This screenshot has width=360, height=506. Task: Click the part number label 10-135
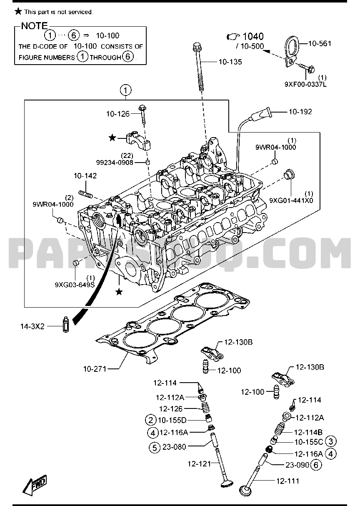pos(230,62)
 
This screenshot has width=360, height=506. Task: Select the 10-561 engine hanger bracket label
pos(320,43)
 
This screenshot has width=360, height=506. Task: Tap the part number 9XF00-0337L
pos(305,84)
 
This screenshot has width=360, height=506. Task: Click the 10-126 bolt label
pos(118,113)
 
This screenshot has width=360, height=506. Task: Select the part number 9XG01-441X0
pos(290,200)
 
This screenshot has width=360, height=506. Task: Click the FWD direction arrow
pos(34,485)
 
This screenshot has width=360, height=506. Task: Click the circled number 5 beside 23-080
pos(154,448)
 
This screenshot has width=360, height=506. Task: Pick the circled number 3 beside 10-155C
pos(331,441)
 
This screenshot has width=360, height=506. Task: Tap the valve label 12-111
pos(287,481)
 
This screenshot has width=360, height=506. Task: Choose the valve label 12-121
pos(199,463)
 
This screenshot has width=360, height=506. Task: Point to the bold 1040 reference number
pos(253,37)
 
